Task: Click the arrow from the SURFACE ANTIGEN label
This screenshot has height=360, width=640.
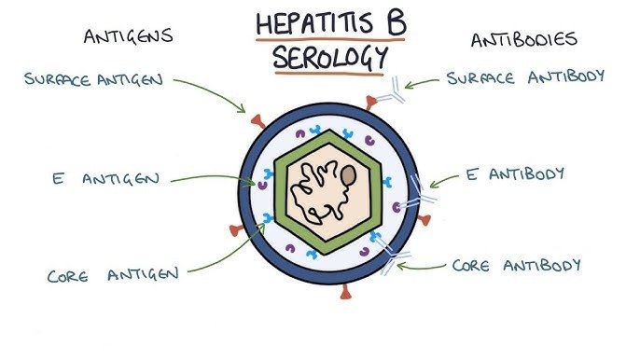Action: coord(210,93)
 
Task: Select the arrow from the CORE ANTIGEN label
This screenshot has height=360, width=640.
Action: coord(224,252)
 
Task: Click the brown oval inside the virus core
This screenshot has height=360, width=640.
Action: coord(347,174)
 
